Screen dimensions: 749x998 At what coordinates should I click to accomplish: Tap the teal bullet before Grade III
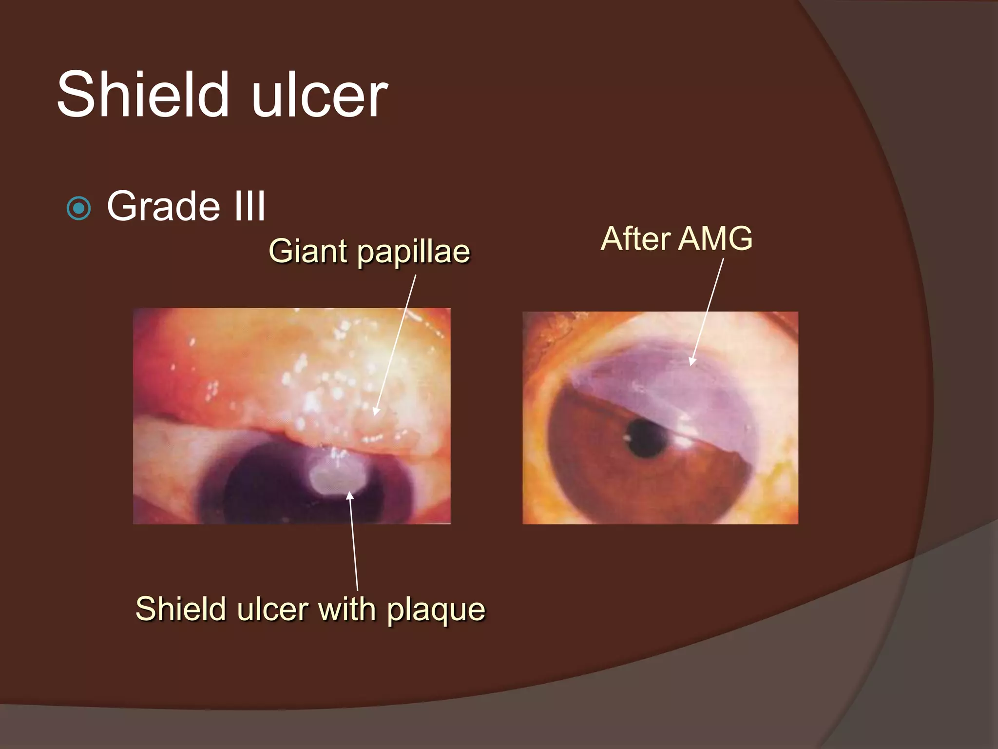pyautogui.click(x=78, y=209)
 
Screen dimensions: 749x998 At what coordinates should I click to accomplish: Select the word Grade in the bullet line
pyautogui.click(x=163, y=206)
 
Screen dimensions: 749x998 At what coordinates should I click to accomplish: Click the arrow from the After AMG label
pyautogui.click(x=707, y=312)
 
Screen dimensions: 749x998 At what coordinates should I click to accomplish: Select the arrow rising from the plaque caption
pyautogui.click(x=353, y=541)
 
